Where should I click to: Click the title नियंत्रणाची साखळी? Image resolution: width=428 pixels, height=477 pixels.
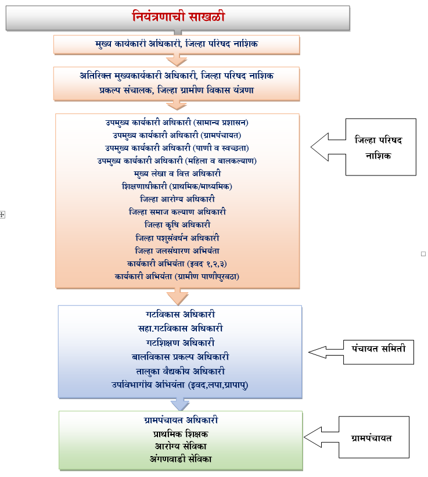pos(178,17)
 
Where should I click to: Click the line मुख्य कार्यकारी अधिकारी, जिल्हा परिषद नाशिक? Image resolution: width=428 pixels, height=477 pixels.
pos(177,44)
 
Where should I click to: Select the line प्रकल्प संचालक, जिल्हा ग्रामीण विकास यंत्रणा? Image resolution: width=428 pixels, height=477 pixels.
pos(177,91)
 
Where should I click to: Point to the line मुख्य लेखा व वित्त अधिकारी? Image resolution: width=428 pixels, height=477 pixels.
pos(177,173)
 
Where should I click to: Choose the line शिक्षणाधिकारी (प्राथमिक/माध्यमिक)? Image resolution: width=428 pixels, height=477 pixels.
pos(177,186)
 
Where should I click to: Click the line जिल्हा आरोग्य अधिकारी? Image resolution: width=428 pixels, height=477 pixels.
pos(177,199)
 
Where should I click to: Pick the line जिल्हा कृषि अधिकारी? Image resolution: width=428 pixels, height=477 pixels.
pos(177,224)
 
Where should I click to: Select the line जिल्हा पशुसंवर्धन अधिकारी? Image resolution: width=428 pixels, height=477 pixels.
pos(177,238)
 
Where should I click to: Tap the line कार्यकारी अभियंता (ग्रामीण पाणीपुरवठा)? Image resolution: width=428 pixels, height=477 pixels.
pos(177,276)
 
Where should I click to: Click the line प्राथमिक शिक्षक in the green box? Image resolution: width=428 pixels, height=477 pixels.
pos(181,433)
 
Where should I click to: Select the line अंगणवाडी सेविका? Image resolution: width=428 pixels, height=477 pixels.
pos(181,459)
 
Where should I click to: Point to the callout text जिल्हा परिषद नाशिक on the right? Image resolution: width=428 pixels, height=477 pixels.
pos(382,147)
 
